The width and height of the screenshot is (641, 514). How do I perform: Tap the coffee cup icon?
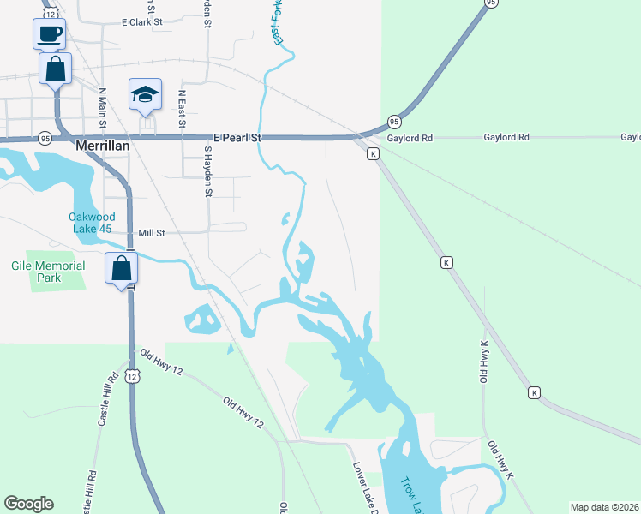click(49, 34)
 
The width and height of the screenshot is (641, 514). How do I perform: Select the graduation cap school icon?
click(146, 93)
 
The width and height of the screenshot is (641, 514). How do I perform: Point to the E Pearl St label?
click(237, 137)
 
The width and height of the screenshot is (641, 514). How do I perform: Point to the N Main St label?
click(102, 108)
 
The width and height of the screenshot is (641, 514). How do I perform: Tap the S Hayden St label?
click(207, 170)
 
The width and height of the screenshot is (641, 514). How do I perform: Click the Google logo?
click(28, 504)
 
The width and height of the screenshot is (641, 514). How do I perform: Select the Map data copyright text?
click(605, 507)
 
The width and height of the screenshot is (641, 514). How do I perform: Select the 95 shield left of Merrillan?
click(44, 137)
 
